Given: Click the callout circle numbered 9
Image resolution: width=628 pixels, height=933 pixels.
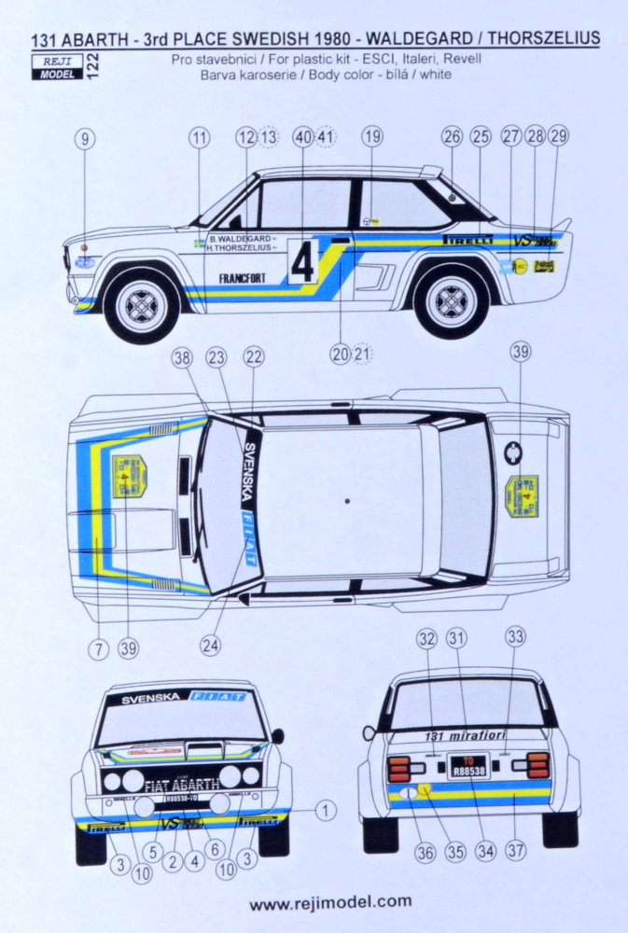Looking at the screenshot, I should click(85, 140).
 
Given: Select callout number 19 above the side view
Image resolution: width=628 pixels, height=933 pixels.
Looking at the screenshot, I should click(372, 137).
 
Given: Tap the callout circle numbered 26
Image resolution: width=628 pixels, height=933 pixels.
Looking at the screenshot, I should click(453, 137).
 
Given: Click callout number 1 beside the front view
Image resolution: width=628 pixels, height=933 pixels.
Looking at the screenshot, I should click(325, 811).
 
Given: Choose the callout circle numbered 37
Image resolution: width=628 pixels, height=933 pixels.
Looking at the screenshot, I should click(515, 853).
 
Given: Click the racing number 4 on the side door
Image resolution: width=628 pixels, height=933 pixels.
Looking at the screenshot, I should click(302, 263).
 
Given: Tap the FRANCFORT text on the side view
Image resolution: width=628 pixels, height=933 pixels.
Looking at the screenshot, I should click(242, 277).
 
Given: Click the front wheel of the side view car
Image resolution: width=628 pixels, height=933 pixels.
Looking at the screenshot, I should click(142, 303).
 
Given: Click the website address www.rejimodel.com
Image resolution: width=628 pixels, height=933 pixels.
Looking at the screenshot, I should click(330, 901).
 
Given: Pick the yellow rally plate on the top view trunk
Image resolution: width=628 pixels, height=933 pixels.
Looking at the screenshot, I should click(522, 495).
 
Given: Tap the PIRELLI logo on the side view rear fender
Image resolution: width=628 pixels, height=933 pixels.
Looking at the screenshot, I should click(468, 239).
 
